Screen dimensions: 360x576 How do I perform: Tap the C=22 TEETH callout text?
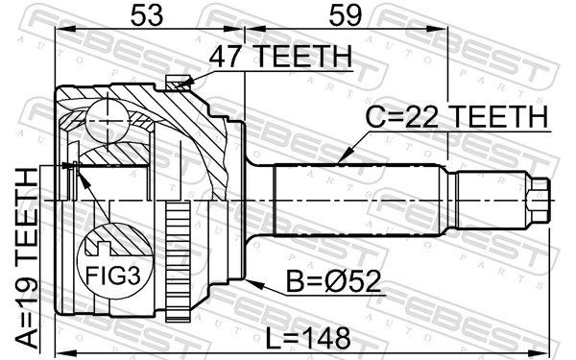[x=456, y=117]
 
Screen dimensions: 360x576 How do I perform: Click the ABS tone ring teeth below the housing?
[x=176, y=258]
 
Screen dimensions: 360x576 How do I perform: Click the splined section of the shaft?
[x=355, y=202]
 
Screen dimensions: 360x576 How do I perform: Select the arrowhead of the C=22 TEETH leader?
[x=338, y=160]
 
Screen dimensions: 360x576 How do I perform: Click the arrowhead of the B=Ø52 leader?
[x=248, y=281]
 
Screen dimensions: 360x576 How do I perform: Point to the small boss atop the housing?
[x=176, y=84]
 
